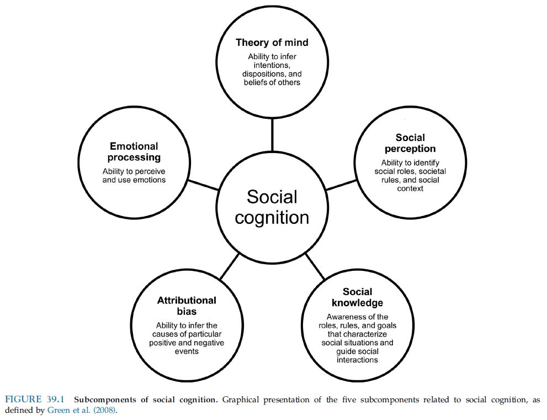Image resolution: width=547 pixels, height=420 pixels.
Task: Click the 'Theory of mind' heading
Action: pyautogui.click(x=272, y=43)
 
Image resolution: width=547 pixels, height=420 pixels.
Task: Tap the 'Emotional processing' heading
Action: pyautogui.click(x=134, y=151)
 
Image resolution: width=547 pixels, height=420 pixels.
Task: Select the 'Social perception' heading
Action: pyautogui.click(x=410, y=143)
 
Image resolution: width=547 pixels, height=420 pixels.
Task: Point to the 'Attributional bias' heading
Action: pyautogui.click(x=187, y=306)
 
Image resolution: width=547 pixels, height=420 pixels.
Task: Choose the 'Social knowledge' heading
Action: pyautogui.click(x=357, y=297)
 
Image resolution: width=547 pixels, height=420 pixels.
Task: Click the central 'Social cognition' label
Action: pyautogui.click(x=272, y=207)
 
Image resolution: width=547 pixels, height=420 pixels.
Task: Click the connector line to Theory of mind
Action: pyautogui.click(x=272, y=135)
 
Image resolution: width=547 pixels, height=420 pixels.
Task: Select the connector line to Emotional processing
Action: pyautogui.click(x=203, y=185)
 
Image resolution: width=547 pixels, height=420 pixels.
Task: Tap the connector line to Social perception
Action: pyautogui.click(x=341, y=185)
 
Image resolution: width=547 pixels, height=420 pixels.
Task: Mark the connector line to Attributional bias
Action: pyautogui.click(x=230, y=266)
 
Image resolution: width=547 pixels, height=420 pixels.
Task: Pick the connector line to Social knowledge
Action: pyautogui.click(x=315, y=266)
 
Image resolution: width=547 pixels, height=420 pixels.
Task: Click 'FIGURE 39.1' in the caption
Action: pyautogui.click(x=35, y=400)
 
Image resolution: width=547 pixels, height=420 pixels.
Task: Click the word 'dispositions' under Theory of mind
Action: pyautogui.click(x=265, y=74)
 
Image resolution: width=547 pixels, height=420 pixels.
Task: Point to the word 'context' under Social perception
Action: pyautogui.click(x=410, y=188)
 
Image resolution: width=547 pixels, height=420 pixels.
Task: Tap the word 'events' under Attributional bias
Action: pyautogui.click(x=187, y=351)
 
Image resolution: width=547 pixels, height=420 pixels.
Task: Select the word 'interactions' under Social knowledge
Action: pyautogui.click(x=357, y=360)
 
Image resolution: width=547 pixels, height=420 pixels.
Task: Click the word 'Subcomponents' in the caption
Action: pyautogui.click(x=105, y=400)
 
